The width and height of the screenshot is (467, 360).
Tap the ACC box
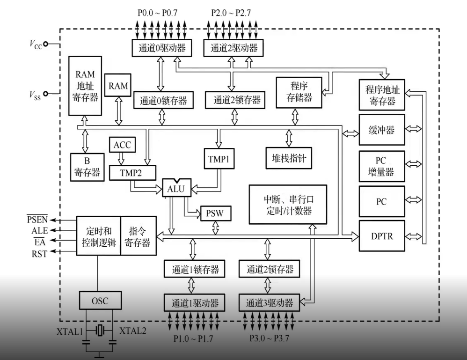point(123,145)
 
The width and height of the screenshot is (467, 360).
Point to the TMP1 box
point(218,159)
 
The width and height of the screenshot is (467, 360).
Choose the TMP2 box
point(131,173)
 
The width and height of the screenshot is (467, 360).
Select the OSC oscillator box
point(99,301)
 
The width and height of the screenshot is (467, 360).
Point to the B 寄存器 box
point(87,167)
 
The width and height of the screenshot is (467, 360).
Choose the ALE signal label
point(37,230)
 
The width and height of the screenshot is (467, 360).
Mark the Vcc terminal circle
point(46,45)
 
